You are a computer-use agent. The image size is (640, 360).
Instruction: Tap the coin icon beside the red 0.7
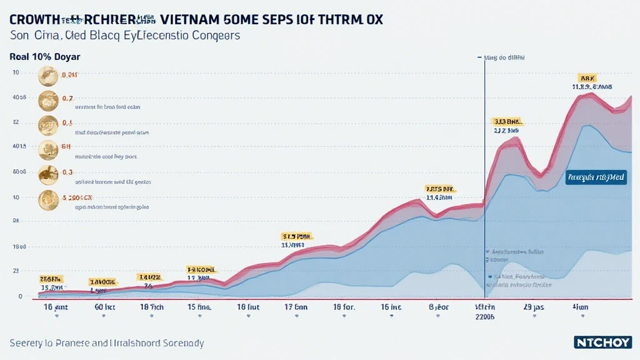tap(48, 100)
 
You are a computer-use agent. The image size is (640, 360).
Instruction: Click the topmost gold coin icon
tap(48, 76)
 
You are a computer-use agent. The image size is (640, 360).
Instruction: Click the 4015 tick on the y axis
tap(19, 147)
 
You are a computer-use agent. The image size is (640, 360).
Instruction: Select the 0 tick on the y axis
tap(20, 296)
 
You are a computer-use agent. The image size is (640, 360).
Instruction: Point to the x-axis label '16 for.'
tap(344, 307)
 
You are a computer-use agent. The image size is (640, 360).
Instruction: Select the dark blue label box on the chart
tap(596, 177)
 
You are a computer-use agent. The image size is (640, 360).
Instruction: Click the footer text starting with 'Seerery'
tap(107, 343)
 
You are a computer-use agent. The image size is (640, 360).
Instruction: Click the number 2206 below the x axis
tap(485, 316)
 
